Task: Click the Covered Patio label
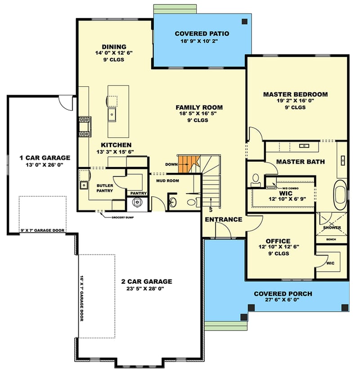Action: (x=202, y=34)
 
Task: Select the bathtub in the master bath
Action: (x=340, y=193)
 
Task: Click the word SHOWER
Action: (x=333, y=227)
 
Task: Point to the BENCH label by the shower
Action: (x=331, y=239)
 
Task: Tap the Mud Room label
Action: (x=167, y=181)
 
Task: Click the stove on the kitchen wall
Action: (x=84, y=127)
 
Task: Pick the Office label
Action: (x=278, y=241)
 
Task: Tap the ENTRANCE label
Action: (x=224, y=220)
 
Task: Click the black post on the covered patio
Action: (x=244, y=21)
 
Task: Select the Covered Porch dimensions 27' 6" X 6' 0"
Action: (x=283, y=301)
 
